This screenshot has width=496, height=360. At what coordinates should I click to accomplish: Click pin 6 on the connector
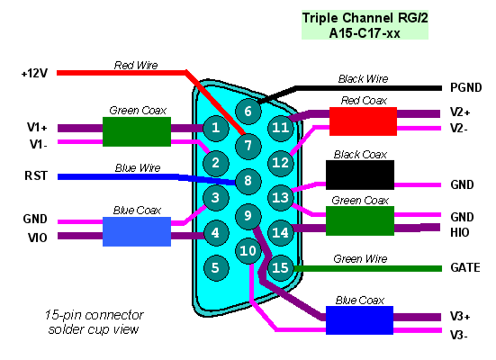(248, 112)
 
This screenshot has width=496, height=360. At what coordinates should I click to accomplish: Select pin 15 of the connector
(280, 268)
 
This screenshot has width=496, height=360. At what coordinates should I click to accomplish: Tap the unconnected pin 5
(215, 268)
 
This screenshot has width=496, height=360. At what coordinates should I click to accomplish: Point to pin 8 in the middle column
(248, 181)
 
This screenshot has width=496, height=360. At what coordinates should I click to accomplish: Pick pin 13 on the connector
(280, 198)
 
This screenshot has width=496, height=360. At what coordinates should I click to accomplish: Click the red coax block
(363, 121)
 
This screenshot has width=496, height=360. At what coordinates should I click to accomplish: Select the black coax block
(360, 175)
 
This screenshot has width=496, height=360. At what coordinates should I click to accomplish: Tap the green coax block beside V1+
(137, 131)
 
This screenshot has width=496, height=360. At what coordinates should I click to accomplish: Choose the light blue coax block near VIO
(137, 231)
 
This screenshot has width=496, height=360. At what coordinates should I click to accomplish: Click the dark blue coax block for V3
(360, 320)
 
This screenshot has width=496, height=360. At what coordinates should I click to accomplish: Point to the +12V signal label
(34, 74)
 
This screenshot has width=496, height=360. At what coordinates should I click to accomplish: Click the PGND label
(466, 87)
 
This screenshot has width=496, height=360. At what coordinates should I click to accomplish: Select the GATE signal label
(465, 267)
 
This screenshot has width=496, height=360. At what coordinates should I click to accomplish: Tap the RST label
(36, 175)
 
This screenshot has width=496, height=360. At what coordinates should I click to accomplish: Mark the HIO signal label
(460, 232)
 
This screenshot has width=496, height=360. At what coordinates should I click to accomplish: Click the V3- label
(459, 335)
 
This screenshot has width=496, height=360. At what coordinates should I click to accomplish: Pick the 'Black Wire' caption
(363, 79)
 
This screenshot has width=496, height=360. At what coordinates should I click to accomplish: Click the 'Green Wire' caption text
(360, 259)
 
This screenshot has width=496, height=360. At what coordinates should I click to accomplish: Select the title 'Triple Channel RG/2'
(365, 18)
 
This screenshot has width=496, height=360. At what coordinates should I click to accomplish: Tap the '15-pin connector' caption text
(94, 315)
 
